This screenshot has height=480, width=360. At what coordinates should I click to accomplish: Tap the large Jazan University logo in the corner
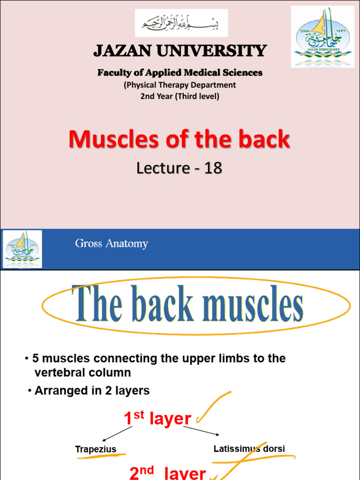[x=322, y=37]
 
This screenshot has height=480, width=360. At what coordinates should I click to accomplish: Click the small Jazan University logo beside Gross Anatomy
[x=22, y=249]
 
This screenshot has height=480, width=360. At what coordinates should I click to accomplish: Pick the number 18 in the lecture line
[x=213, y=168]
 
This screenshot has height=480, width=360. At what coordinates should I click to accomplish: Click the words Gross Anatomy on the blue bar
[x=112, y=244]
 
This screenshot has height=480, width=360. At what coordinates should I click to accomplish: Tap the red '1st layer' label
[x=157, y=419]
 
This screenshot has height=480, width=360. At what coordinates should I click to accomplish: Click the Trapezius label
[x=96, y=450]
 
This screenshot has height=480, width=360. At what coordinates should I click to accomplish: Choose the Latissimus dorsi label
[x=249, y=449]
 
